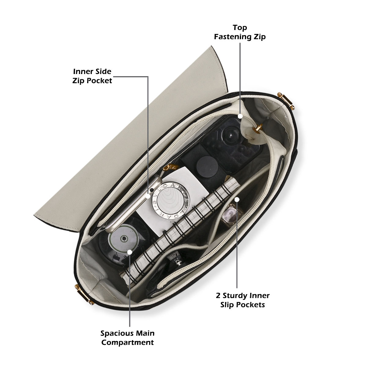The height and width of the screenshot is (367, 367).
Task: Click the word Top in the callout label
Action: click(240, 28)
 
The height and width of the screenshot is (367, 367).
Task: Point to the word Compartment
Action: click(128, 342)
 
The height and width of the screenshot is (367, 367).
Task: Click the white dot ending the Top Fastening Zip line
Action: click(240, 116)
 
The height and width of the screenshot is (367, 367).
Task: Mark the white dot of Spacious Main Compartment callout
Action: click(130, 252)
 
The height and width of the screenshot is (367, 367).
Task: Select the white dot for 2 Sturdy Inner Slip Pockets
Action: click(237, 199)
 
